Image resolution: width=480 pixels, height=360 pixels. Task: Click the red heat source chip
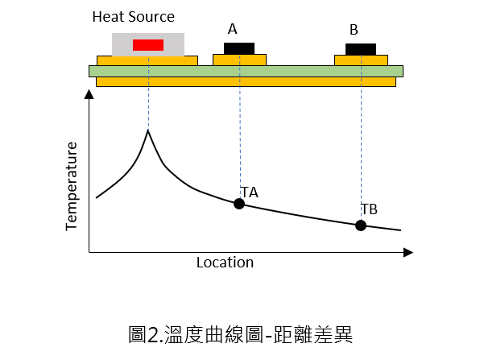point(148,45)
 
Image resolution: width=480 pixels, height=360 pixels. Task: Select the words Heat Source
point(134,17)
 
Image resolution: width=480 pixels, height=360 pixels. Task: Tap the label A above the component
point(232,29)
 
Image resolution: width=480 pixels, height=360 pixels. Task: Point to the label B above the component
point(354,30)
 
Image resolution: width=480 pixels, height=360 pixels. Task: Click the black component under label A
point(239,48)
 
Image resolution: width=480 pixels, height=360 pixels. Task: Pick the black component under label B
point(361,49)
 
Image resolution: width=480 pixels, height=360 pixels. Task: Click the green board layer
point(246,72)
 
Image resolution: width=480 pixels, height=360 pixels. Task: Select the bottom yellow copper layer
point(246,81)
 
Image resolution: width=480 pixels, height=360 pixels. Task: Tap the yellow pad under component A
point(239,60)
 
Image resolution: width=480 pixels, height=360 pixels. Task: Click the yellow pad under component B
point(362,60)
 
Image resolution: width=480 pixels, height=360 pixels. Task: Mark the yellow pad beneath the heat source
point(147,60)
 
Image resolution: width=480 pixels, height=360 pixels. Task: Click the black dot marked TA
point(239,204)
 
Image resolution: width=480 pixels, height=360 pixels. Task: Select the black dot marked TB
point(361,226)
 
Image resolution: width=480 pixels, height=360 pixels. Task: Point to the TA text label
point(250,192)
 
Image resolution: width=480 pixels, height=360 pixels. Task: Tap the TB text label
point(370,209)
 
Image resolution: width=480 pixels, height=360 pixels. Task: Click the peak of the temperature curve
point(148,130)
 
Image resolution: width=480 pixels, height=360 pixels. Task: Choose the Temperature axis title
point(72,186)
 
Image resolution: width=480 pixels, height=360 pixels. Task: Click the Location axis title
point(225,263)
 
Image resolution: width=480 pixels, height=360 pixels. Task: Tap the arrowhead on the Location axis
point(408,253)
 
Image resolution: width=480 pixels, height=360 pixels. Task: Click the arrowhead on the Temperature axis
point(89,94)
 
